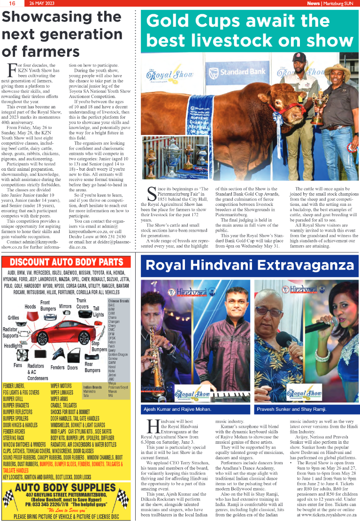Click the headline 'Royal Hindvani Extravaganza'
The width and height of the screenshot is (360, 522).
pos(249,265)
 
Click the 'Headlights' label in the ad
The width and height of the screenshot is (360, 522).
pos(13,346)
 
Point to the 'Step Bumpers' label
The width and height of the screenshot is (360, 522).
pos(99,347)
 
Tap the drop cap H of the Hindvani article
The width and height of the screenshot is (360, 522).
pos(152,426)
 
